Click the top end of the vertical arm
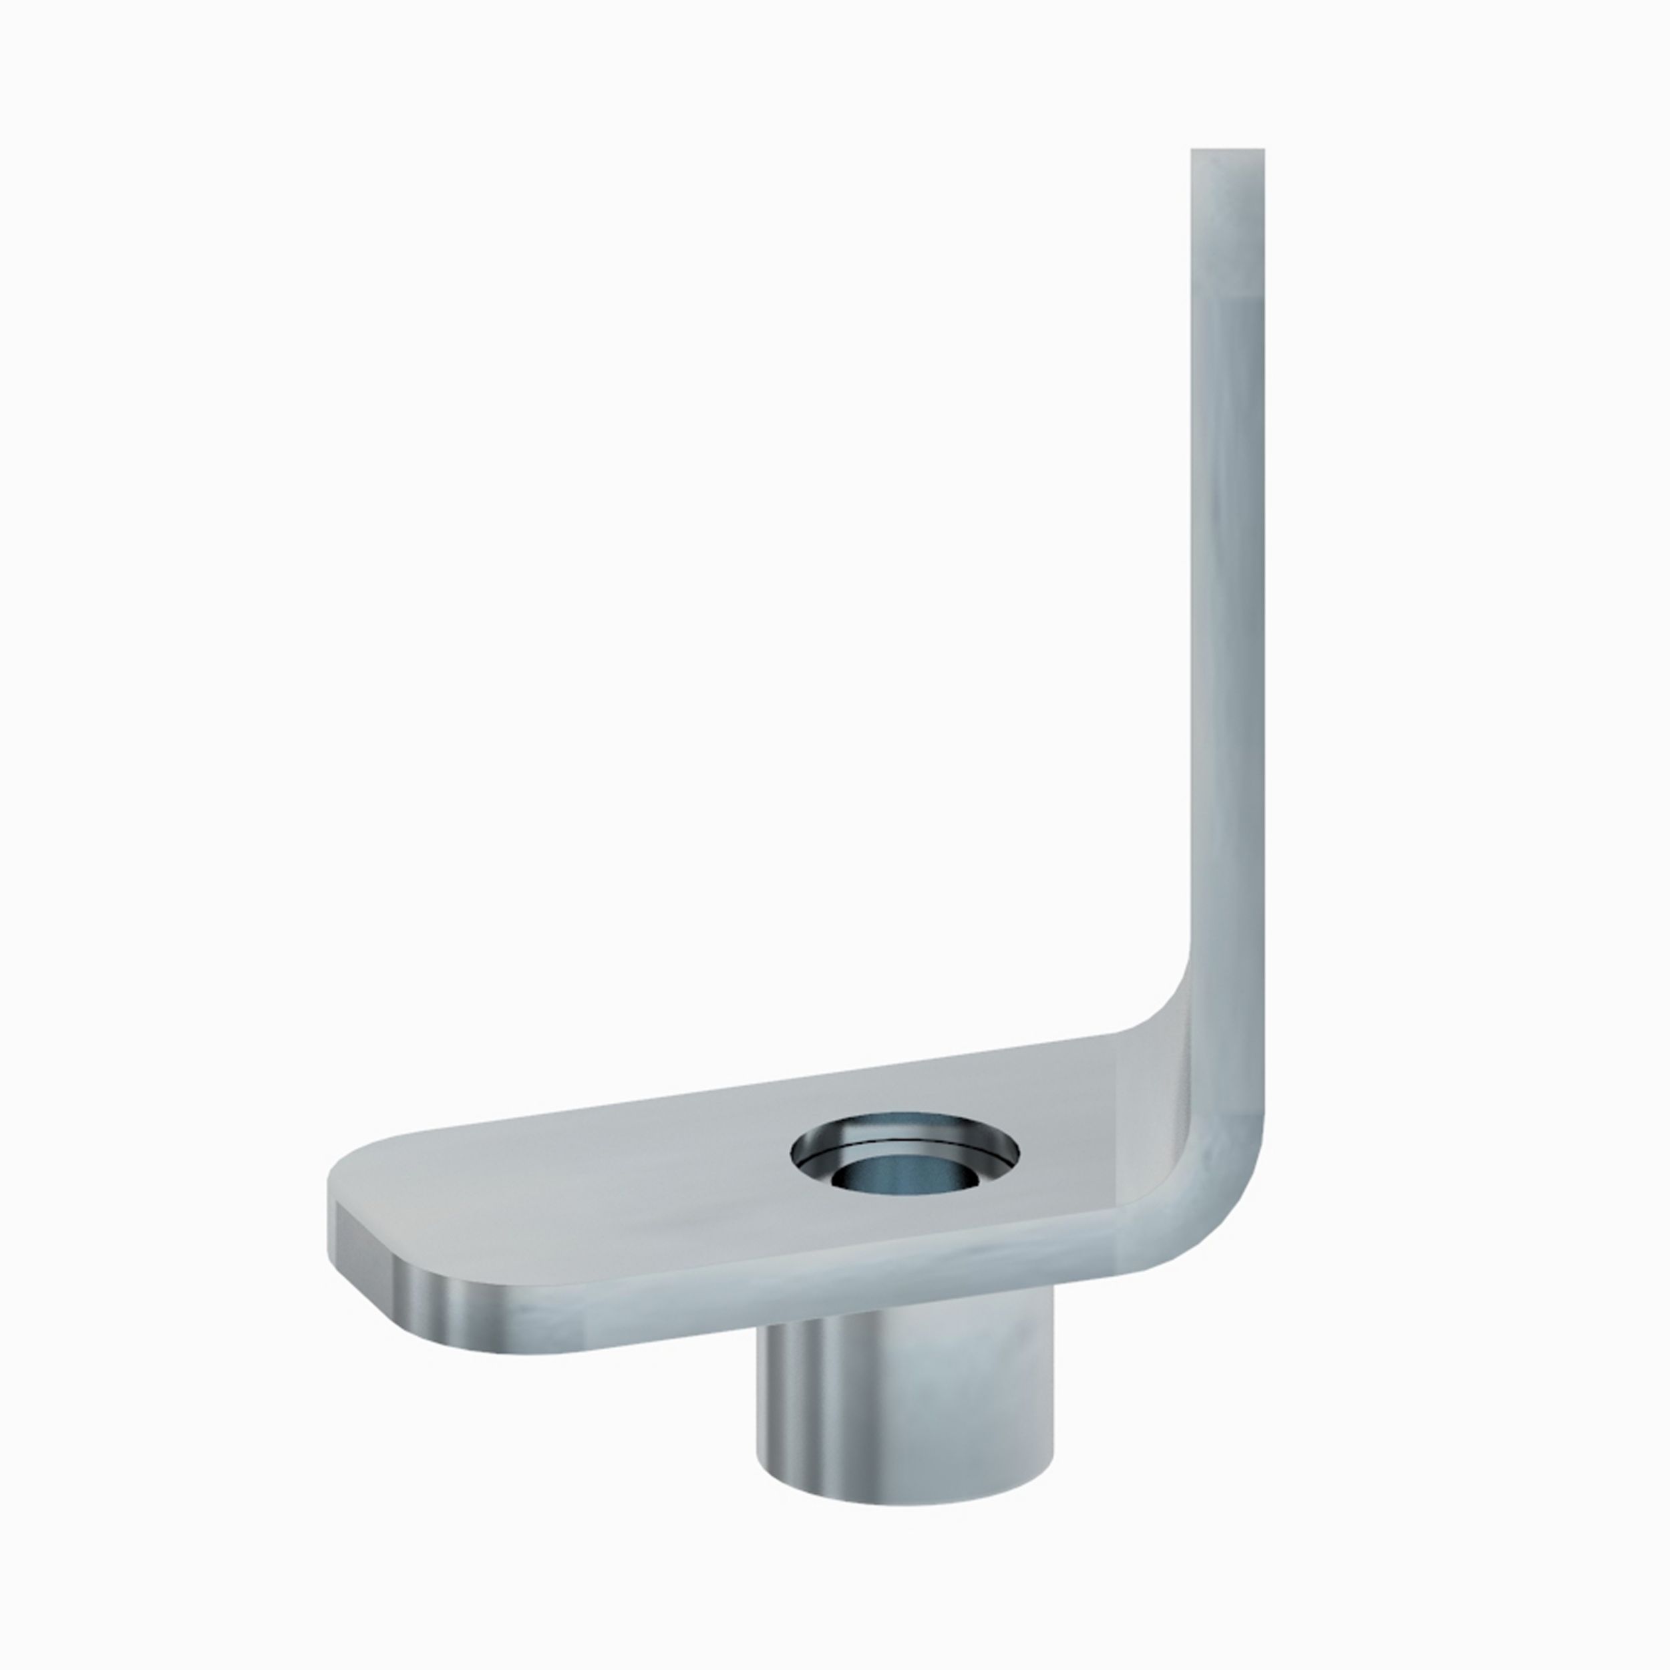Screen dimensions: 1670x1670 point(1227,153)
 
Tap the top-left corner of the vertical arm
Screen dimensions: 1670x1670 point(1194,152)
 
